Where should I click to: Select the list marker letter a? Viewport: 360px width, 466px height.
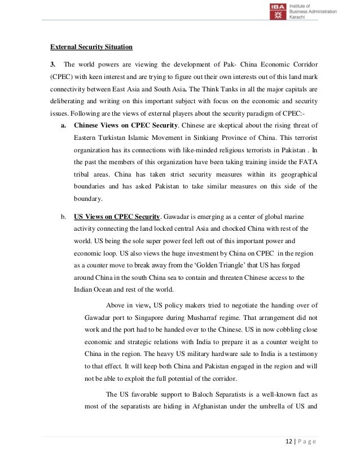coord(64,125)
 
